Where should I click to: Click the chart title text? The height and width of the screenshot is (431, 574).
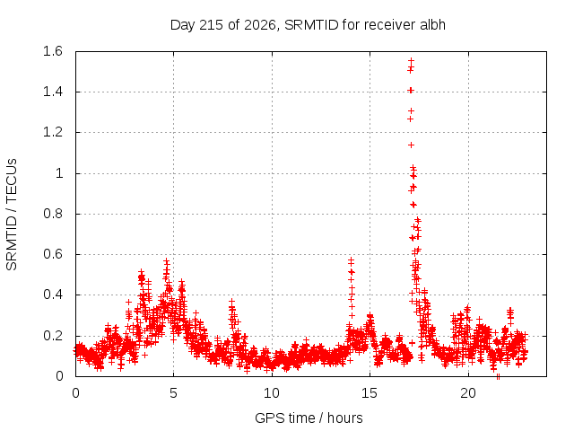[308, 25]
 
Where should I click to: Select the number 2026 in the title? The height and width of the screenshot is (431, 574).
[259, 25]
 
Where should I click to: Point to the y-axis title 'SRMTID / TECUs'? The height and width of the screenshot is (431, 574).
[12, 215]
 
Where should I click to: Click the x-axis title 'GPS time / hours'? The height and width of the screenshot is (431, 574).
[309, 418]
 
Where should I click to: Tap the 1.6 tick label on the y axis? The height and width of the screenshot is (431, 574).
[53, 51]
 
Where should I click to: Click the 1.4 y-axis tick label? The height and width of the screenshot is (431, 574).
[53, 92]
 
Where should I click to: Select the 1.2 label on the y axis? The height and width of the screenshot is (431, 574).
[53, 132]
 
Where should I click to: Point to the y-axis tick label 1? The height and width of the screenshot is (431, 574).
[59, 173]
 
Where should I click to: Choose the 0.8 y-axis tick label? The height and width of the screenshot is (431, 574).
[53, 214]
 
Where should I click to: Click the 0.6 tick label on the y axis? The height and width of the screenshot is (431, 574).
[53, 254]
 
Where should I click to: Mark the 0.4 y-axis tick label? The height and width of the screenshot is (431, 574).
[53, 295]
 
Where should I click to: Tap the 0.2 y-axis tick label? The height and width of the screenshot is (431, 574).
[53, 336]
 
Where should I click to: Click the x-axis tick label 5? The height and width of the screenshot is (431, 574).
[173, 393]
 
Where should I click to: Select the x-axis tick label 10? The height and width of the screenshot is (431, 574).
[272, 393]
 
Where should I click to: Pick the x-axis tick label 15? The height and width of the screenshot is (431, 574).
[370, 393]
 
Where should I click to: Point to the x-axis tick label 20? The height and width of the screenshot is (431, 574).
[468, 393]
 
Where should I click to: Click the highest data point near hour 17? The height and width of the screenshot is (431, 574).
[412, 60]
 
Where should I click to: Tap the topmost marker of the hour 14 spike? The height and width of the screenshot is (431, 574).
[351, 260]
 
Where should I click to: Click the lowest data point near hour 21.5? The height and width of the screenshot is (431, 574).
[498, 376]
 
